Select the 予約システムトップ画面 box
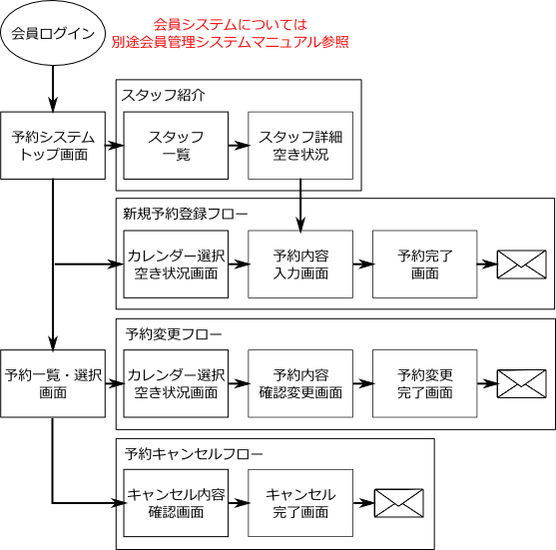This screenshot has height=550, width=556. tap(53, 146)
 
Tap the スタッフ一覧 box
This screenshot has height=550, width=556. tap(176, 146)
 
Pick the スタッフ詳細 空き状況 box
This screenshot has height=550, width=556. tap(300, 146)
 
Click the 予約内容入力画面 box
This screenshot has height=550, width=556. tap(300, 265)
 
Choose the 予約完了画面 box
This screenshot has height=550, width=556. tap(425, 265)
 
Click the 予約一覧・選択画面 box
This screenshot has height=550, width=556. tap(53, 383)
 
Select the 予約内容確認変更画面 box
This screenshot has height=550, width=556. tap(300, 383)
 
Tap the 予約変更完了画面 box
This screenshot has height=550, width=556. tap(425, 383)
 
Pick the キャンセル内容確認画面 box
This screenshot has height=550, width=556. tap(176, 503)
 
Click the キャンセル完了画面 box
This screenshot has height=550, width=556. tap(300, 503)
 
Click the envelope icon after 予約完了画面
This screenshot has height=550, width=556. tap(522, 265)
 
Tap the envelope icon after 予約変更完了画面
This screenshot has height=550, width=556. tap(522, 383)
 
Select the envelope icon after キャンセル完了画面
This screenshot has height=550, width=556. tap(399, 503)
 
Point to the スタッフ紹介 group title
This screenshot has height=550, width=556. tap(163, 95)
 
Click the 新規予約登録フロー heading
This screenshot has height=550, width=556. tap(185, 214)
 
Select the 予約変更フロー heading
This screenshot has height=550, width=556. tap(174, 334)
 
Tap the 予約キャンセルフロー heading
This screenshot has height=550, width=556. tap(194, 453)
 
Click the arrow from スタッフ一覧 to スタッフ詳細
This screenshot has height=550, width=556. tap(239, 146)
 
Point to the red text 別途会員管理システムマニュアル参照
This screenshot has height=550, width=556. tap(231, 42)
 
